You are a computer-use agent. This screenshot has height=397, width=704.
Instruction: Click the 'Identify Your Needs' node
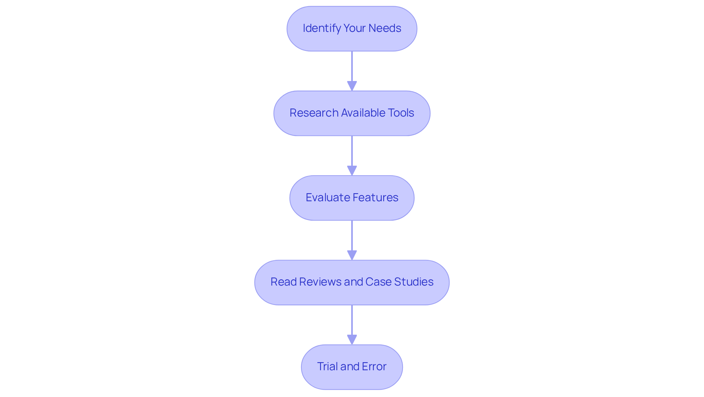tap(352, 29)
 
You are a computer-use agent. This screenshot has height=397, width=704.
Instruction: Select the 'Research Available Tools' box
tap(352, 113)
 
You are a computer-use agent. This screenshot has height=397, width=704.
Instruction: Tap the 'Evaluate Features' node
tap(352, 198)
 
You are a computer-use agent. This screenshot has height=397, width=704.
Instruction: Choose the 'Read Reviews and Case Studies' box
tap(352, 282)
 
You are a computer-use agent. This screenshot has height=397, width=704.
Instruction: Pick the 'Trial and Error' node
tap(352, 367)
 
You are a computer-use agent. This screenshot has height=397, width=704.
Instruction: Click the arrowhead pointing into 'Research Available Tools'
tap(352, 86)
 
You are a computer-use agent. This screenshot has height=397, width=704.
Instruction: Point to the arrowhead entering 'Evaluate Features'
tap(352, 171)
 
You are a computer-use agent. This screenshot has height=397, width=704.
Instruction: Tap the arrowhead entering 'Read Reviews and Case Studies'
tap(352, 256)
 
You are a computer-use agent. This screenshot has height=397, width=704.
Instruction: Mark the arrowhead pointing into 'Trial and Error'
tap(352, 340)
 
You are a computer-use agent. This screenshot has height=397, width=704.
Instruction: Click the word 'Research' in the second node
tap(314, 113)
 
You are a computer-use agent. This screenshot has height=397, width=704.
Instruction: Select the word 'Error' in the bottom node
tap(374, 367)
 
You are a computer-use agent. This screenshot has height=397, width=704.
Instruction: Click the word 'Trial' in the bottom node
tap(327, 367)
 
